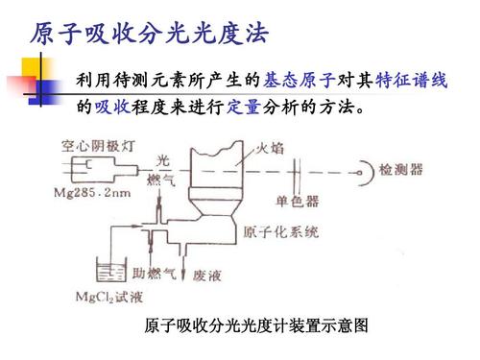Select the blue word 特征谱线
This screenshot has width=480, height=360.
412,82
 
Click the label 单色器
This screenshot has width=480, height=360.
297,203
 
